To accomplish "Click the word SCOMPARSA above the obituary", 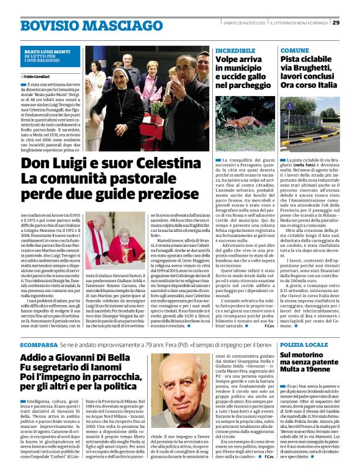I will coord(38,344).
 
